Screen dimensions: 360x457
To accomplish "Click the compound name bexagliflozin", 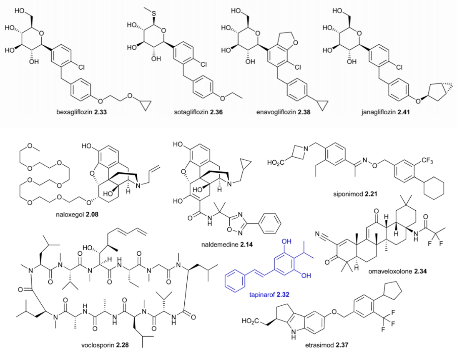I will click(x=72, y=113).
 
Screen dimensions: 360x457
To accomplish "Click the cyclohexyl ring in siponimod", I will click(x=432, y=189).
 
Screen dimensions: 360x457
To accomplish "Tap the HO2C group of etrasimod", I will click(x=250, y=321).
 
